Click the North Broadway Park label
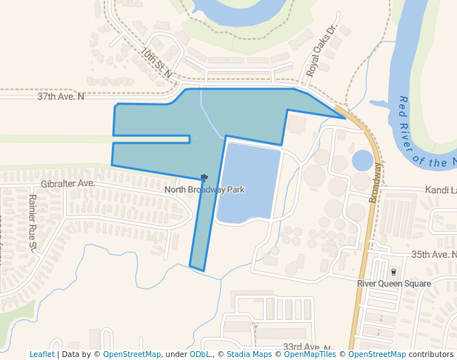point(204,190)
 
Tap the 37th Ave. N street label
point(61,96)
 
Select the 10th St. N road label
point(156,63)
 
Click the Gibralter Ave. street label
point(69,183)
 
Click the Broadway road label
point(376,182)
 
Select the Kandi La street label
point(440,190)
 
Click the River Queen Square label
point(393,284)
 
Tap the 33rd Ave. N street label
point(306,347)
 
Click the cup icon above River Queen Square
point(393,272)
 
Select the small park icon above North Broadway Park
point(204,178)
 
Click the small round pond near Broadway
point(362,160)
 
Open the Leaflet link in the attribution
point(41,355)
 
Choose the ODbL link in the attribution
point(199,355)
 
